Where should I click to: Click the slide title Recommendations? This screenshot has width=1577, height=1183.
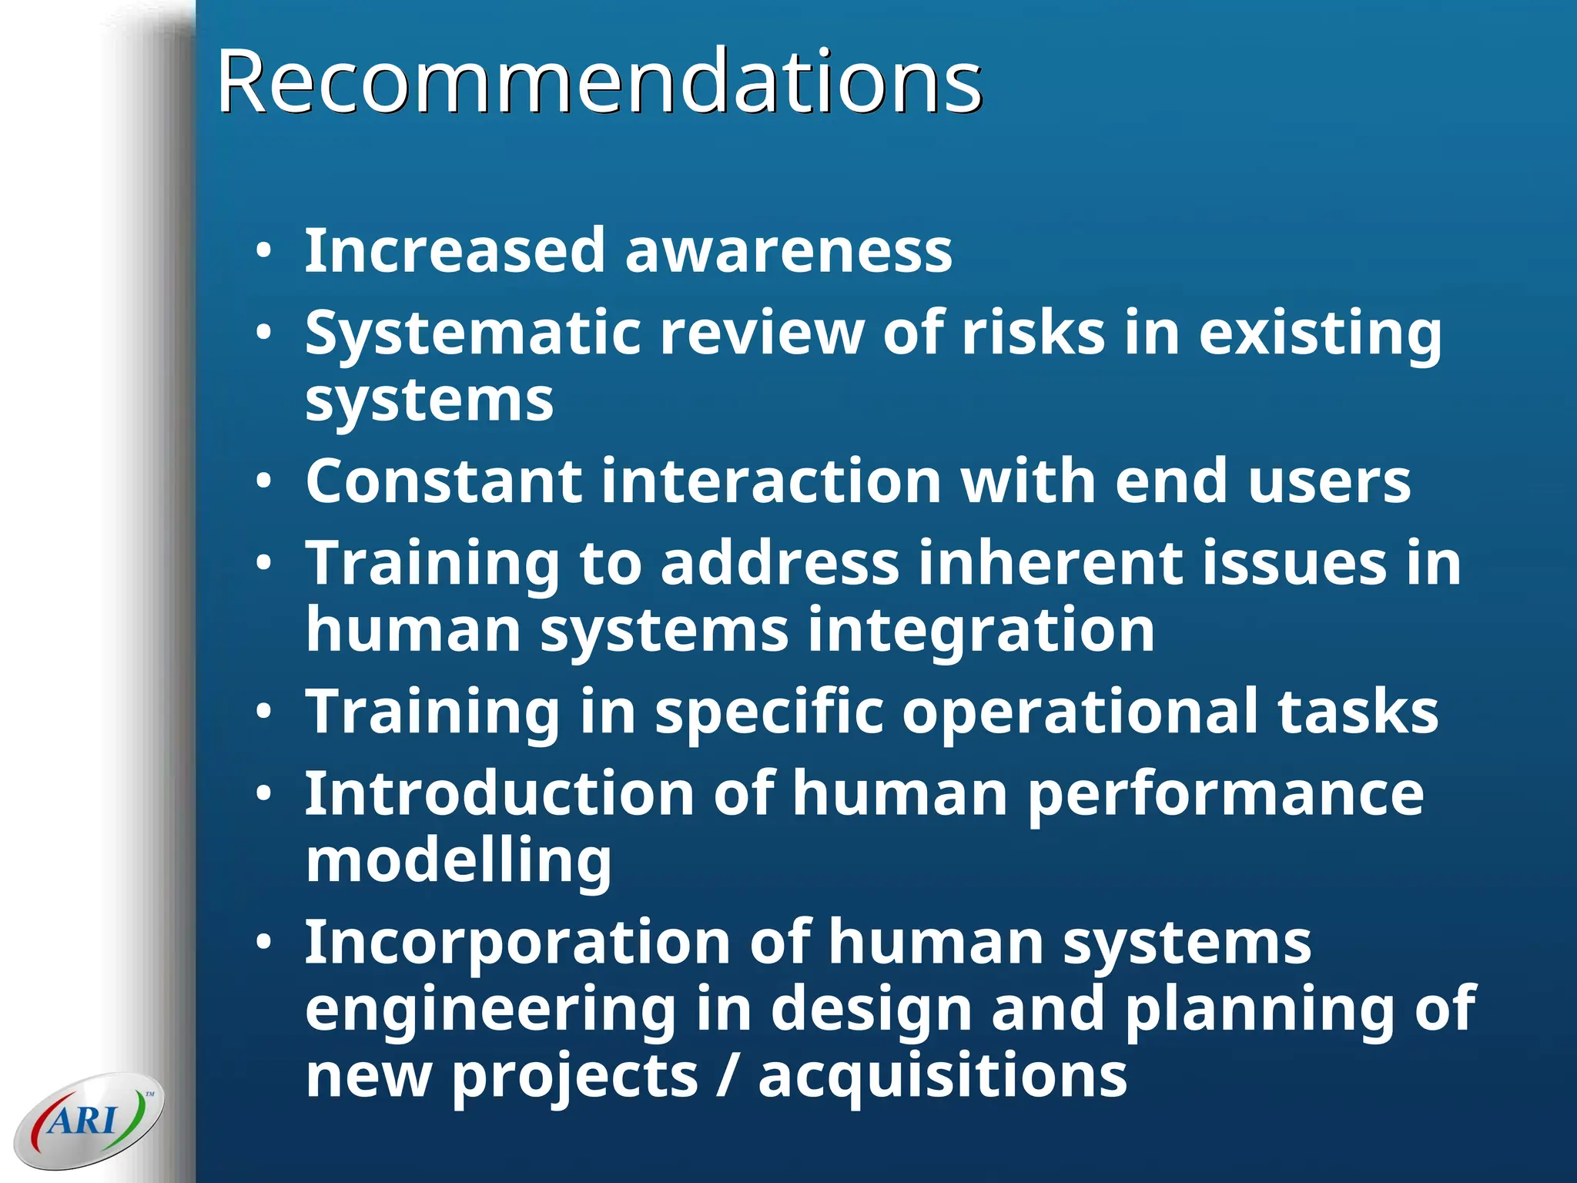599,80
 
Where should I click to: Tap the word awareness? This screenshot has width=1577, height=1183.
788,251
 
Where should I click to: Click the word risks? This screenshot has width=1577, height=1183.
1033,333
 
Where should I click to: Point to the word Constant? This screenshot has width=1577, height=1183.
444,481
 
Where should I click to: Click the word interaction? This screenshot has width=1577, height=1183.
772,481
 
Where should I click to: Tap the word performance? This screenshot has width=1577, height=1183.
1225,795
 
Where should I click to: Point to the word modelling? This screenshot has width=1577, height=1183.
458,861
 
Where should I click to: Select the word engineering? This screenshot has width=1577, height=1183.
491,1010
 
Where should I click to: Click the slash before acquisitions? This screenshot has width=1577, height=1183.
727,1076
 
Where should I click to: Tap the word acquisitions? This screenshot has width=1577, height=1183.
943,1076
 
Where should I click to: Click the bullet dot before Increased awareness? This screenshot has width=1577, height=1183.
264,251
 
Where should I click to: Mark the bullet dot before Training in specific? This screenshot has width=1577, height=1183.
264,712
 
